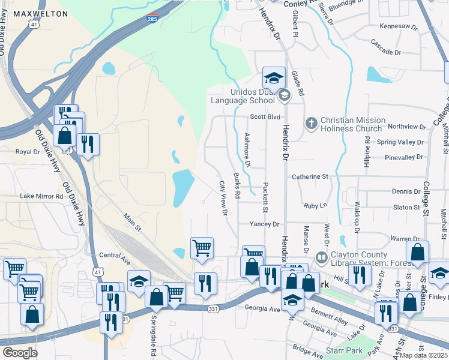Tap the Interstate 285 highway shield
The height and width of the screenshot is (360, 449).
coord(153,19)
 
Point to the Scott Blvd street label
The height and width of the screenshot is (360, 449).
coord(265,117)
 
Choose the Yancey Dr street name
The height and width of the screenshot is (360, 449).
coord(265,224)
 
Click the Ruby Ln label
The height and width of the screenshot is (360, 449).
coord(315,205)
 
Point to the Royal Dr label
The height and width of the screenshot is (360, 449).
coord(27,152)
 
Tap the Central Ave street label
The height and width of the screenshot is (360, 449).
coord(115,255)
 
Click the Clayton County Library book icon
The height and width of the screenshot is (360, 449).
coord(322,258)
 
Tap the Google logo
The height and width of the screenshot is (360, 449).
coord(20,353)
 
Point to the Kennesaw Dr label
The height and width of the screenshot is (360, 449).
coord(399,27)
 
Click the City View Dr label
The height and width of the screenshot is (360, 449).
coord(223,198)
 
